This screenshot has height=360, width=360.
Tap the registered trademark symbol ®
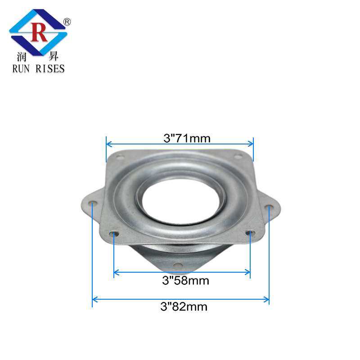(67, 21)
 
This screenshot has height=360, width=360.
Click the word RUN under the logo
(20, 68)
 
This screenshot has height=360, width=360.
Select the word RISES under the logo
(49, 68)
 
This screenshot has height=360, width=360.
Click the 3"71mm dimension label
(187, 138)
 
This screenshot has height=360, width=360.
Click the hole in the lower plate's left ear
(92, 204)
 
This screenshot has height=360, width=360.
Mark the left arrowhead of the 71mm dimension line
(108, 144)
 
